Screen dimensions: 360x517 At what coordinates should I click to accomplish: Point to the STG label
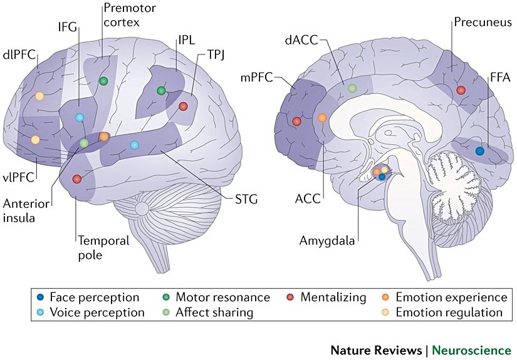coord(245,199)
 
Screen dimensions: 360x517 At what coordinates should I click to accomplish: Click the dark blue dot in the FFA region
coord(480,151)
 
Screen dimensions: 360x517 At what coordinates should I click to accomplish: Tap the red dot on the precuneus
coord(461,90)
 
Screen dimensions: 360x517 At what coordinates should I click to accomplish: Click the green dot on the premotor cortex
coord(104,81)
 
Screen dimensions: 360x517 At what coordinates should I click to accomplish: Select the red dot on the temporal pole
coord(76,179)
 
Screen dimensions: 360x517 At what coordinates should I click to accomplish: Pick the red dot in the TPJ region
coord(183,106)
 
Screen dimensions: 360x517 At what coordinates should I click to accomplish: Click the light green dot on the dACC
coord(352,89)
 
